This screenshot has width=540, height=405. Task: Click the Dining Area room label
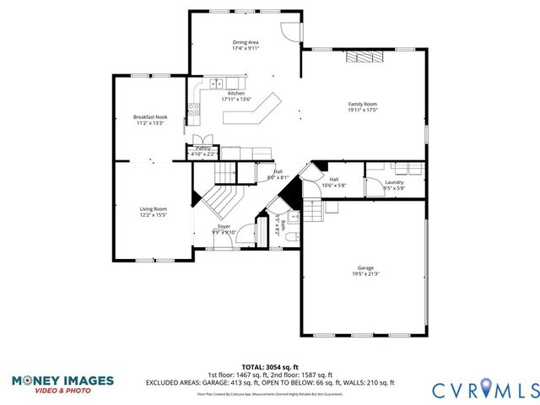[x=246, y=41]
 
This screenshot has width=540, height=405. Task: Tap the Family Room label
[x=363, y=104]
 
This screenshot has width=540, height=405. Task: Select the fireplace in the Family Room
[x=363, y=56]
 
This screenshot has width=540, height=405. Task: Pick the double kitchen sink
[x=216, y=83]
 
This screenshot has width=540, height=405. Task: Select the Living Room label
[x=153, y=208]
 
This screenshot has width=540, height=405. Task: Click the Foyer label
[x=224, y=226]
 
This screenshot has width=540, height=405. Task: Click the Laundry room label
[x=394, y=182]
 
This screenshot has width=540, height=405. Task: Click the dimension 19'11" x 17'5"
[x=363, y=110]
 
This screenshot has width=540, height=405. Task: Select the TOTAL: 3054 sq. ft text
[x=270, y=367]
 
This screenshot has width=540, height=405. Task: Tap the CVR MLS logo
[x=485, y=389]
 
